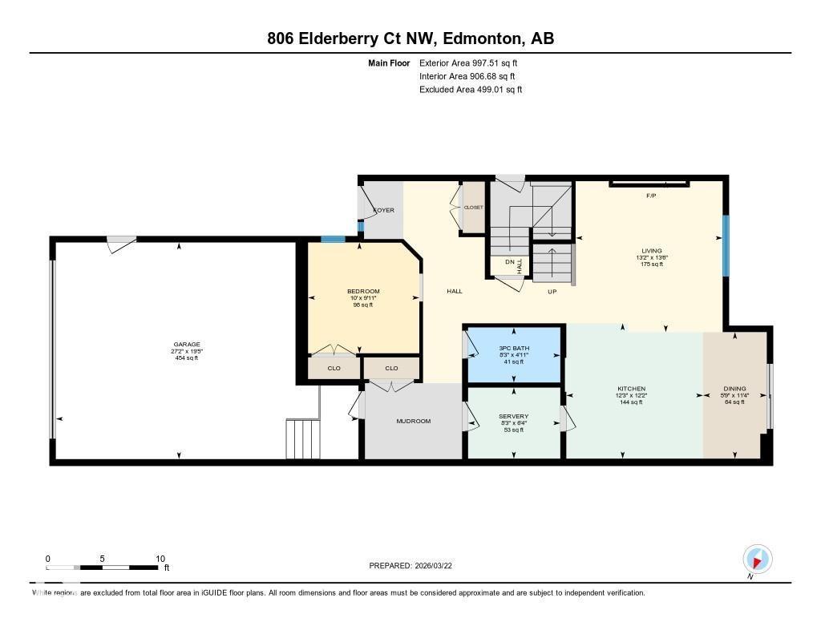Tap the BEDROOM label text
point(362,291)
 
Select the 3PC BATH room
point(513,347)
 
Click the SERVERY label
point(513,416)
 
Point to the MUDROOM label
point(413,421)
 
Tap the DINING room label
point(734,389)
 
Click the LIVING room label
point(650,251)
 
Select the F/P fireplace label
point(652,195)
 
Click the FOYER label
point(383,210)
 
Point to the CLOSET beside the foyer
point(473,208)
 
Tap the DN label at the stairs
point(509,261)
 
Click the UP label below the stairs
point(552,292)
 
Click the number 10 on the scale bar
point(160,559)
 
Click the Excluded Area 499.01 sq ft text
point(471,90)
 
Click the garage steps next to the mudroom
point(302,438)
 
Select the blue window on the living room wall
point(726,245)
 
